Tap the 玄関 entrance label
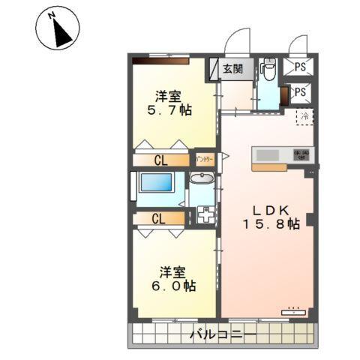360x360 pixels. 232,69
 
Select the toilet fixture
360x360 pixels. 268,70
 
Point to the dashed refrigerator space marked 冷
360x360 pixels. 304,116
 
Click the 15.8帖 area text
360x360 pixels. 271,224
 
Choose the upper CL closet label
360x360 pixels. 160,160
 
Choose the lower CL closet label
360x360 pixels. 157,219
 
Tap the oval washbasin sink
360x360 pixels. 201,178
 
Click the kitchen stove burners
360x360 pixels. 302,154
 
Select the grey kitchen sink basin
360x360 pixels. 268,154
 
